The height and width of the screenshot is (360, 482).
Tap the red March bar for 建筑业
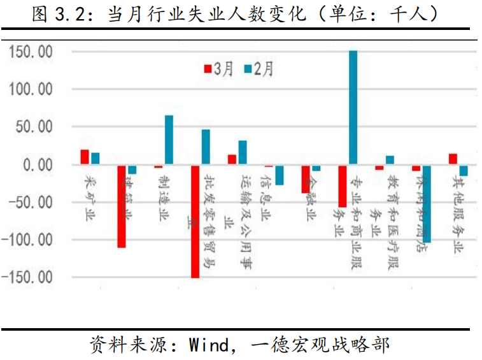[121, 206]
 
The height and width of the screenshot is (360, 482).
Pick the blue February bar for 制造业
[169, 140]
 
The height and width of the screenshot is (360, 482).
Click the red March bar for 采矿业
[85, 157]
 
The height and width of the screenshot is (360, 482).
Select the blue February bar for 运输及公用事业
[243, 152]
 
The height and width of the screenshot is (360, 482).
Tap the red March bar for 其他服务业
[453, 159]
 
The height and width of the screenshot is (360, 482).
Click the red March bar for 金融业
[306, 178]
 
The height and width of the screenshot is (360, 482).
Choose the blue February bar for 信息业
[279, 175]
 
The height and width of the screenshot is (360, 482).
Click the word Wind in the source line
[208, 345]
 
